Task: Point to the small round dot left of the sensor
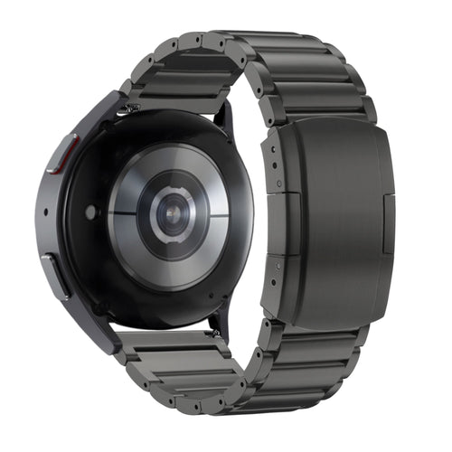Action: [x=91, y=212]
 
